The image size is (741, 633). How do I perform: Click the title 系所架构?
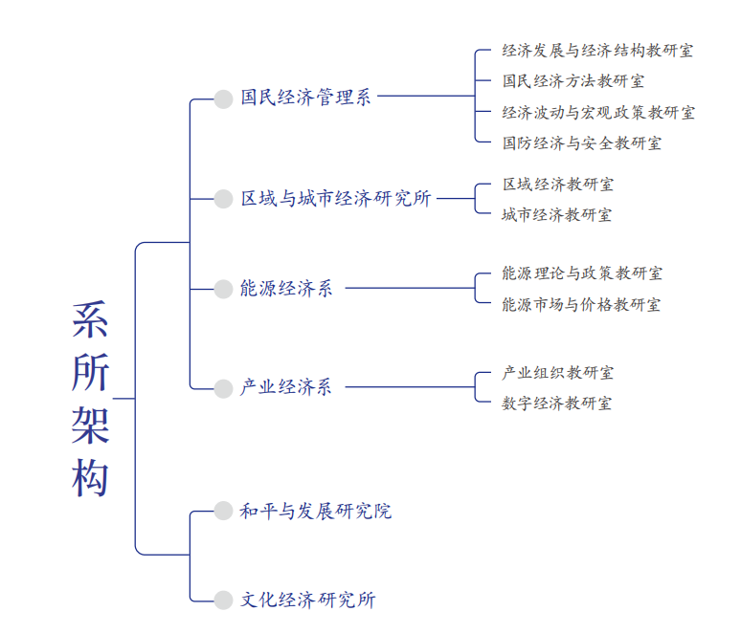[90, 399]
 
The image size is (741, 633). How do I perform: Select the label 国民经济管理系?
[305, 98]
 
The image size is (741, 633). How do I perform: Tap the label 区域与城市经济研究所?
[336, 199]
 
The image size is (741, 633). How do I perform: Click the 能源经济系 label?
[286, 288]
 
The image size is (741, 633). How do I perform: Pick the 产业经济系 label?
[286, 387]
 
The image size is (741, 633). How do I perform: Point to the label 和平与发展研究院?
[315, 512]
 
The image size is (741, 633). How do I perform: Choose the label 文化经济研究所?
[307, 600]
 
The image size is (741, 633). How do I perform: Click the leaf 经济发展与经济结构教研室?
[597, 51]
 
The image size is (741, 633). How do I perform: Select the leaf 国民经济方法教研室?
[573, 81]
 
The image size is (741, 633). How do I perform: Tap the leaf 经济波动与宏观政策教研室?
[598, 113]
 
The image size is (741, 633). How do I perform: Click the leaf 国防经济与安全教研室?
[581, 143]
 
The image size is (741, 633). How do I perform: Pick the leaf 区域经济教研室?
[557, 184]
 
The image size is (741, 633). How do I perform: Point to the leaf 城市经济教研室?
[557, 214]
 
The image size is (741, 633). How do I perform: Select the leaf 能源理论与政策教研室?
[582, 273]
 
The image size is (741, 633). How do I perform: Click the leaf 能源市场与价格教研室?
[581, 305]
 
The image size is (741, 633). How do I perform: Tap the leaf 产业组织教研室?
[557, 372]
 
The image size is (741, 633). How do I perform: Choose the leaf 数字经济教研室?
[557, 403]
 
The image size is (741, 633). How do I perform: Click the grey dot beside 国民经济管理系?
[223, 98]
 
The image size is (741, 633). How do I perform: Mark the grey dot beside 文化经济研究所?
[223, 600]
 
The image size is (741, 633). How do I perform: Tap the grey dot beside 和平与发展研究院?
[223, 512]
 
